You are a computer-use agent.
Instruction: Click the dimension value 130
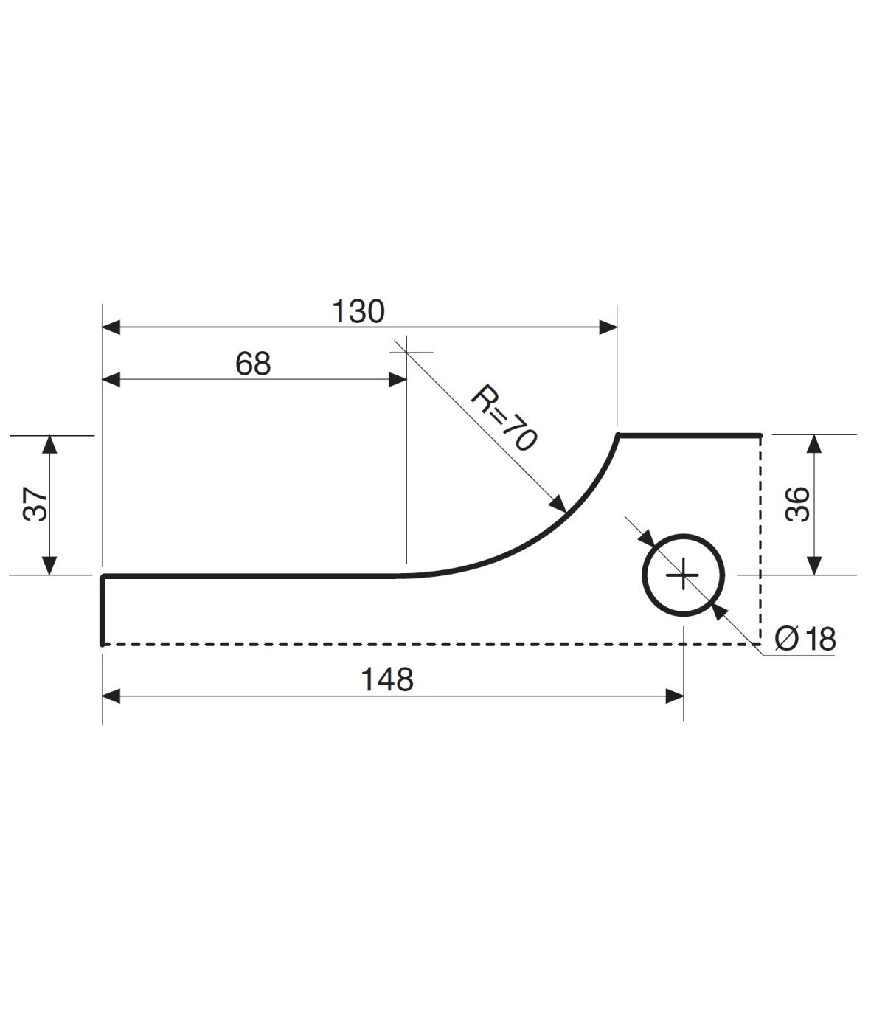pos(358,312)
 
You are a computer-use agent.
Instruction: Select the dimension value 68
pos(253,364)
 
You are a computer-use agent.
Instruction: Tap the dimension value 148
pos(387,679)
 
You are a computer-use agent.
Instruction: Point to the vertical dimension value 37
pos(36,505)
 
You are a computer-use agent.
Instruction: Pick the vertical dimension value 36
pos(798,505)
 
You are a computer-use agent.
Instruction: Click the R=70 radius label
pos(503,418)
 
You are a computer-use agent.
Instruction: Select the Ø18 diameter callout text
pos(805,639)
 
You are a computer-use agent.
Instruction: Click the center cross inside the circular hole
pos(684,575)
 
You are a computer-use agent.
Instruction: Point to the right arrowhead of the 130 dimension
pos(608,327)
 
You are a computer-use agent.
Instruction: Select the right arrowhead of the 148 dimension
pos(674,696)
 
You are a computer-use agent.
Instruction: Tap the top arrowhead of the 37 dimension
pos(49,444)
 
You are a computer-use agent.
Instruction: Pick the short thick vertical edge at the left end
pos(103,610)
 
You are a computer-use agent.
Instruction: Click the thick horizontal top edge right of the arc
pos(690,436)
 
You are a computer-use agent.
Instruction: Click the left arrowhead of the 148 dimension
pos(111,696)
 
